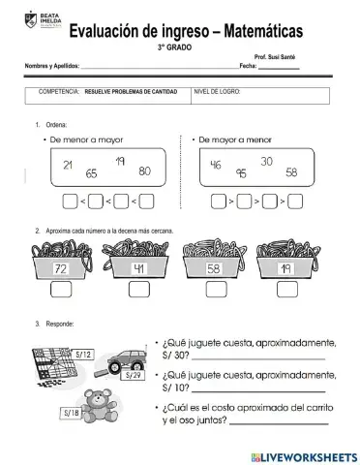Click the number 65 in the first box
[x=91, y=174]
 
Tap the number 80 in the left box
[x=144, y=171]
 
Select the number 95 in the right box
[x=239, y=174]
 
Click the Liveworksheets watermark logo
[x=301, y=456]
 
